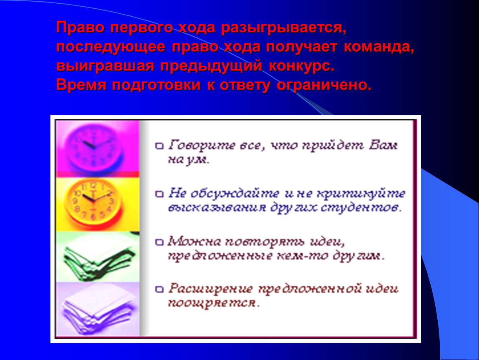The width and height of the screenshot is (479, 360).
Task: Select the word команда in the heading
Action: (379, 47)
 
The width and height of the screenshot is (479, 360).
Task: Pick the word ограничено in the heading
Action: (324, 85)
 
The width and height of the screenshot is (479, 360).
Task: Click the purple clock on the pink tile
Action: (95, 147)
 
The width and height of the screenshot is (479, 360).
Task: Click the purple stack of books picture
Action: (98, 309)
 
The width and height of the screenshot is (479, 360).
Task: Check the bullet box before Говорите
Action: (160, 146)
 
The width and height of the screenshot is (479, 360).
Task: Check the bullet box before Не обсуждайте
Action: (160, 194)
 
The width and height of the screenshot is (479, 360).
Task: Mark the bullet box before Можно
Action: (160, 242)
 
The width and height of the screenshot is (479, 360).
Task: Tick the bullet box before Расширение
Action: (160, 289)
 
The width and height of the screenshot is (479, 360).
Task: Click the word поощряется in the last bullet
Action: (214, 303)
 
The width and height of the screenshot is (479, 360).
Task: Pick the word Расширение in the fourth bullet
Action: (211, 289)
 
